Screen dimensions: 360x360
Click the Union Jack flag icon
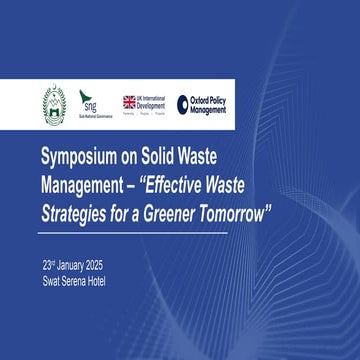(129, 101)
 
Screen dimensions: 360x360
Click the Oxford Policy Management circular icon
(183, 103)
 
